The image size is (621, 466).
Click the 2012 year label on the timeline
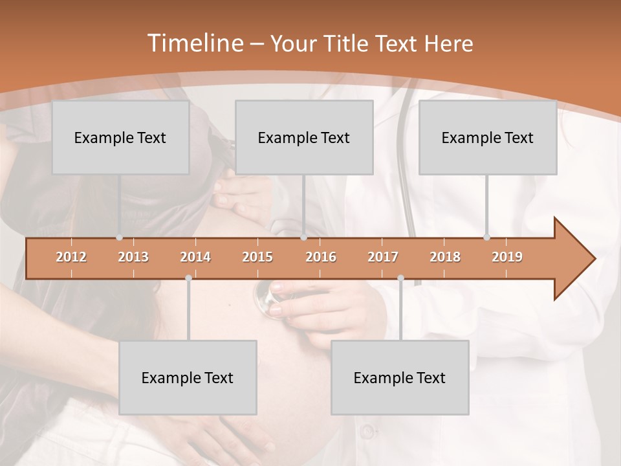pyautogui.click(x=71, y=257)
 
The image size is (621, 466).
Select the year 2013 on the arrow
pyautogui.click(x=133, y=257)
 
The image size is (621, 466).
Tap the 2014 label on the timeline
pyautogui.click(x=195, y=257)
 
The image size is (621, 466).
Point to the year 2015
pyautogui.click(x=257, y=257)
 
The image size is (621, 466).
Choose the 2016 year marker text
pyautogui.click(x=321, y=257)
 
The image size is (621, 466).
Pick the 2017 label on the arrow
pyautogui.click(x=383, y=257)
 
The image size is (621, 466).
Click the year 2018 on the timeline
pyautogui.click(x=445, y=257)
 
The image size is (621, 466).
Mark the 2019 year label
pyautogui.click(x=507, y=257)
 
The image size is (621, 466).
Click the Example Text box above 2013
pyautogui.click(x=120, y=138)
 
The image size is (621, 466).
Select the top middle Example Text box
pyautogui.click(x=304, y=138)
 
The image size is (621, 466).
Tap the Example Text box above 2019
pyautogui.click(x=488, y=138)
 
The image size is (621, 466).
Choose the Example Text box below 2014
pyautogui.click(x=188, y=378)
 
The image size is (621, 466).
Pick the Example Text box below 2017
pyautogui.click(x=400, y=378)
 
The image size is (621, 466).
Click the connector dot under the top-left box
pyautogui.click(x=119, y=238)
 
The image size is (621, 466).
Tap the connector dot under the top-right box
pyautogui.click(x=486, y=238)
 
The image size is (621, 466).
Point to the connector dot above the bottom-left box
pyautogui.click(x=188, y=278)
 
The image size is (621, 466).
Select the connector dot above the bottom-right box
pyautogui.click(x=400, y=278)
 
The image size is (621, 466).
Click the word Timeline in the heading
pyautogui.click(x=194, y=43)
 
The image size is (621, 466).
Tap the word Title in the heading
pyautogui.click(x=347, y=44)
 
